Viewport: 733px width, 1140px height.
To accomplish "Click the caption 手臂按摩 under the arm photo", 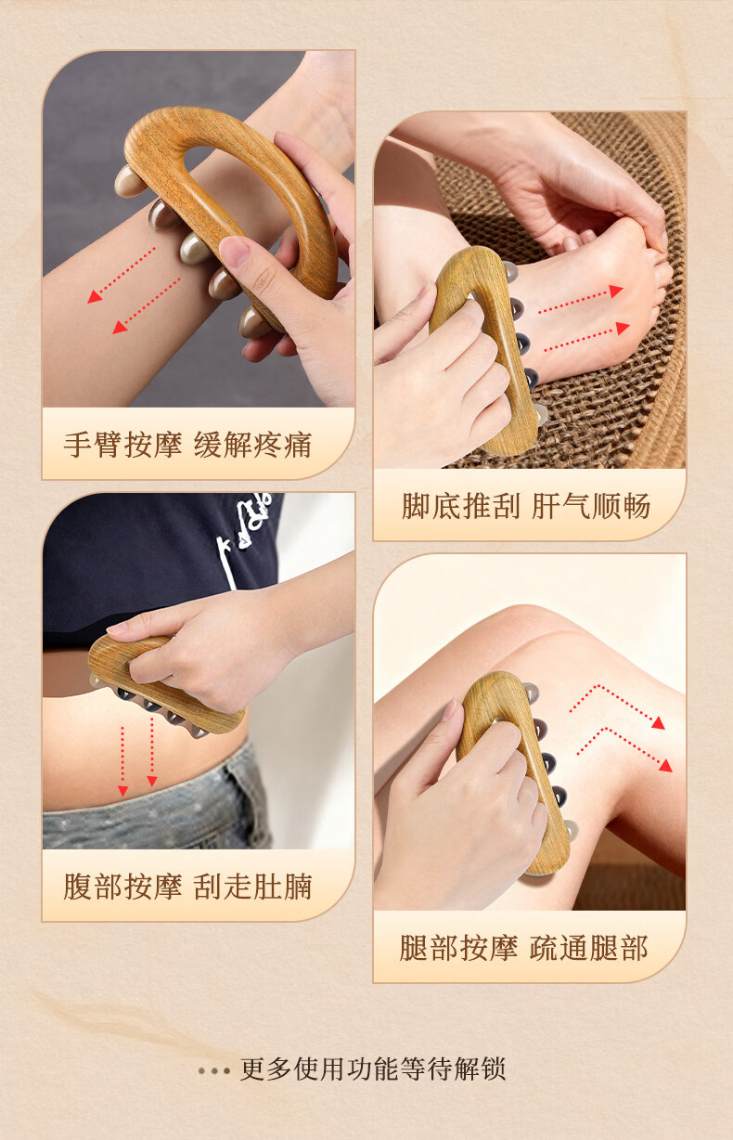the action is click(x=122, y=445).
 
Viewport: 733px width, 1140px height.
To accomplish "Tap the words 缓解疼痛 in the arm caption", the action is click(x=252, y=445).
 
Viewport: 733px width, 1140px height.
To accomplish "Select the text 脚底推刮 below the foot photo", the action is click(x=461, y=506).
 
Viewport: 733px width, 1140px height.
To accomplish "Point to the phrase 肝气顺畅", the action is click(x=591, y=506).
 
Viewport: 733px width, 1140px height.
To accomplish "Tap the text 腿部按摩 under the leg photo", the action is click(x=459, y=948).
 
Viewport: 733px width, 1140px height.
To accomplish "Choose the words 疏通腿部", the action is click(x=589, y=948).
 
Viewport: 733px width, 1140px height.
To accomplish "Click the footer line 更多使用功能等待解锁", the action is click(x=373, y=1069).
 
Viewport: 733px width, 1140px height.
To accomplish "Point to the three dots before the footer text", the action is click(x=214, y=1070).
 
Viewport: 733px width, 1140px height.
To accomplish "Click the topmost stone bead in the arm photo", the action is click(x=130, y=182).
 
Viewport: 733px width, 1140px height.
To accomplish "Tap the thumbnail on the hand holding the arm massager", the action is click(x=234, y=251).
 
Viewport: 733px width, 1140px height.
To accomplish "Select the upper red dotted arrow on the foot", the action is click(x=581, y=300).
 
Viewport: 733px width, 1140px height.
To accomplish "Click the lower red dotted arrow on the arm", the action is click(x=146, y=305).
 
